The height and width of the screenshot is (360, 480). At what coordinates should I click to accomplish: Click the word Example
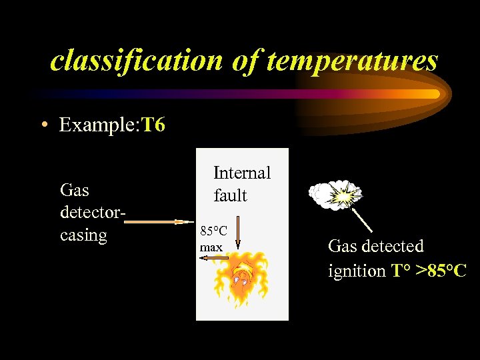(97, 125)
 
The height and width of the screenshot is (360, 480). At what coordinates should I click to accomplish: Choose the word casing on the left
(83, 235)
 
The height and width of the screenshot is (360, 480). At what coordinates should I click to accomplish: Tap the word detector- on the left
(93, 213)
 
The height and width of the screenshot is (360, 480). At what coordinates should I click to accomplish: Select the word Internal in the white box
(242, 173)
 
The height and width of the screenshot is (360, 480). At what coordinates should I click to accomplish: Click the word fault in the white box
(230, 195)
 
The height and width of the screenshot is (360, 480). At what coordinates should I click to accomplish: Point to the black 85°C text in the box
(214, 231)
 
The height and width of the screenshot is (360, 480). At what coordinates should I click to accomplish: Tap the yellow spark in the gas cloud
(344, 197)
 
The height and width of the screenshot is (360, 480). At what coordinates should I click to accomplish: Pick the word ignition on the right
(357, 271)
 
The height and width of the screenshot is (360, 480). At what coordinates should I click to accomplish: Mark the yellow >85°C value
(441, 271)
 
